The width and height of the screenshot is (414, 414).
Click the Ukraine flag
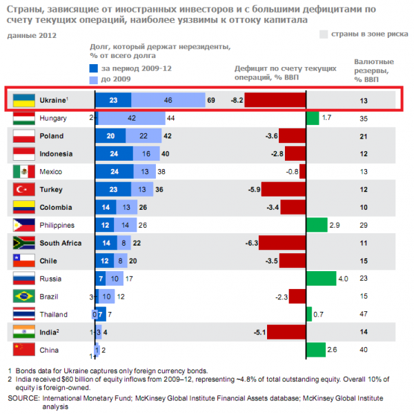[23, 100]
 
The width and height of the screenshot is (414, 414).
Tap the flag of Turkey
[23, 189]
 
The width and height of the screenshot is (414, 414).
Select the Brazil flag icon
[23, 297]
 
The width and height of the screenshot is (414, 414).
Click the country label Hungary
[53, 118]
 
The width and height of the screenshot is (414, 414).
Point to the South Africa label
[61, 243]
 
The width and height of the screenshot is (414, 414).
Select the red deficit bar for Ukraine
[275, 100]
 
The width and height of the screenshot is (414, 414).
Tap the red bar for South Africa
[282, 243]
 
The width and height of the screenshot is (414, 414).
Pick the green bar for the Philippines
[317, 225]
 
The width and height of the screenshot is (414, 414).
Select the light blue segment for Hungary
[131, 118]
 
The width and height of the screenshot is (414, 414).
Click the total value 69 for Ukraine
[211, 100]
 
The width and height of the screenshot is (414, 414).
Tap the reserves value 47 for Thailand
[364, 315]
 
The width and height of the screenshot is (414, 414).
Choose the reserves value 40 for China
[364, 351]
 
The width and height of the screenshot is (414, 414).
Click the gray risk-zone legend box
[324, 34]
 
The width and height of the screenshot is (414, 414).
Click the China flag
[23, 351]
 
